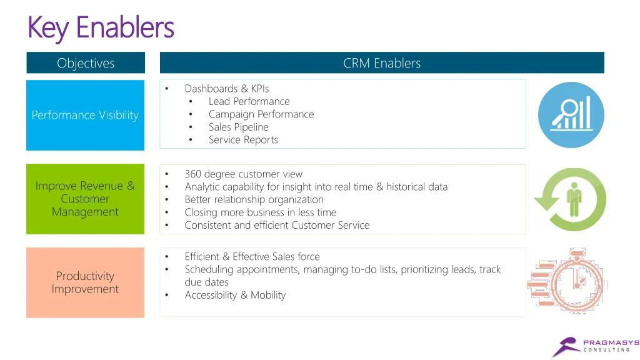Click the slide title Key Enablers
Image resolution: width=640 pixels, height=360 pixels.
[x=101, y=27]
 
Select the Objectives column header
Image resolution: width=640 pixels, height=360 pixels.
[x=86, y=63]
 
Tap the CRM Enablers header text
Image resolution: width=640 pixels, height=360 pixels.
[x=382, y=63]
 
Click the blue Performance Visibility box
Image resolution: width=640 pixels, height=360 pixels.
[x=85, y=115]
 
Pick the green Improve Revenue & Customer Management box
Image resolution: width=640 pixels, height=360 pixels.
[x=85, y=199]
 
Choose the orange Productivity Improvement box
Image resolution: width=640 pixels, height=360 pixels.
[x=85, y=282]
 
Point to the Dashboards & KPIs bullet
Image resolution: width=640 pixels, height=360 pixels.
[x=226, y=89]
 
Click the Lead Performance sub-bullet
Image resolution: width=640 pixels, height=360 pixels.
[x=249, y=101]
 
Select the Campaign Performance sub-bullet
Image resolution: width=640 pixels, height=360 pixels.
[x=261, y=114]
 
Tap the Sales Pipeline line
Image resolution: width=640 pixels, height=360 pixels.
[x=238, y=127]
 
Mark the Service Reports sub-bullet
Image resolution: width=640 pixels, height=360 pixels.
[x=243, y=140]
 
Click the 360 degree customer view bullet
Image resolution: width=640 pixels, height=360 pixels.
[x=243, y=174]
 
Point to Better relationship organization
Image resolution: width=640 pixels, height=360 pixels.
[x=254, y=199]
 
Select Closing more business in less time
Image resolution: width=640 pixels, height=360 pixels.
[x=260, y=212]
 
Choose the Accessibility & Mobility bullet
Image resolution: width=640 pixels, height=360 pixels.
[x=235, y=295]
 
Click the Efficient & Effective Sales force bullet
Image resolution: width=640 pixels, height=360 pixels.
[x=252, y=257]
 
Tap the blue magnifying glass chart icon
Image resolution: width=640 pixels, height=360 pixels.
[x=571, y=115]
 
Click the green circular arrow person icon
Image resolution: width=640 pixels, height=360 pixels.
[x=570, y=199]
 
